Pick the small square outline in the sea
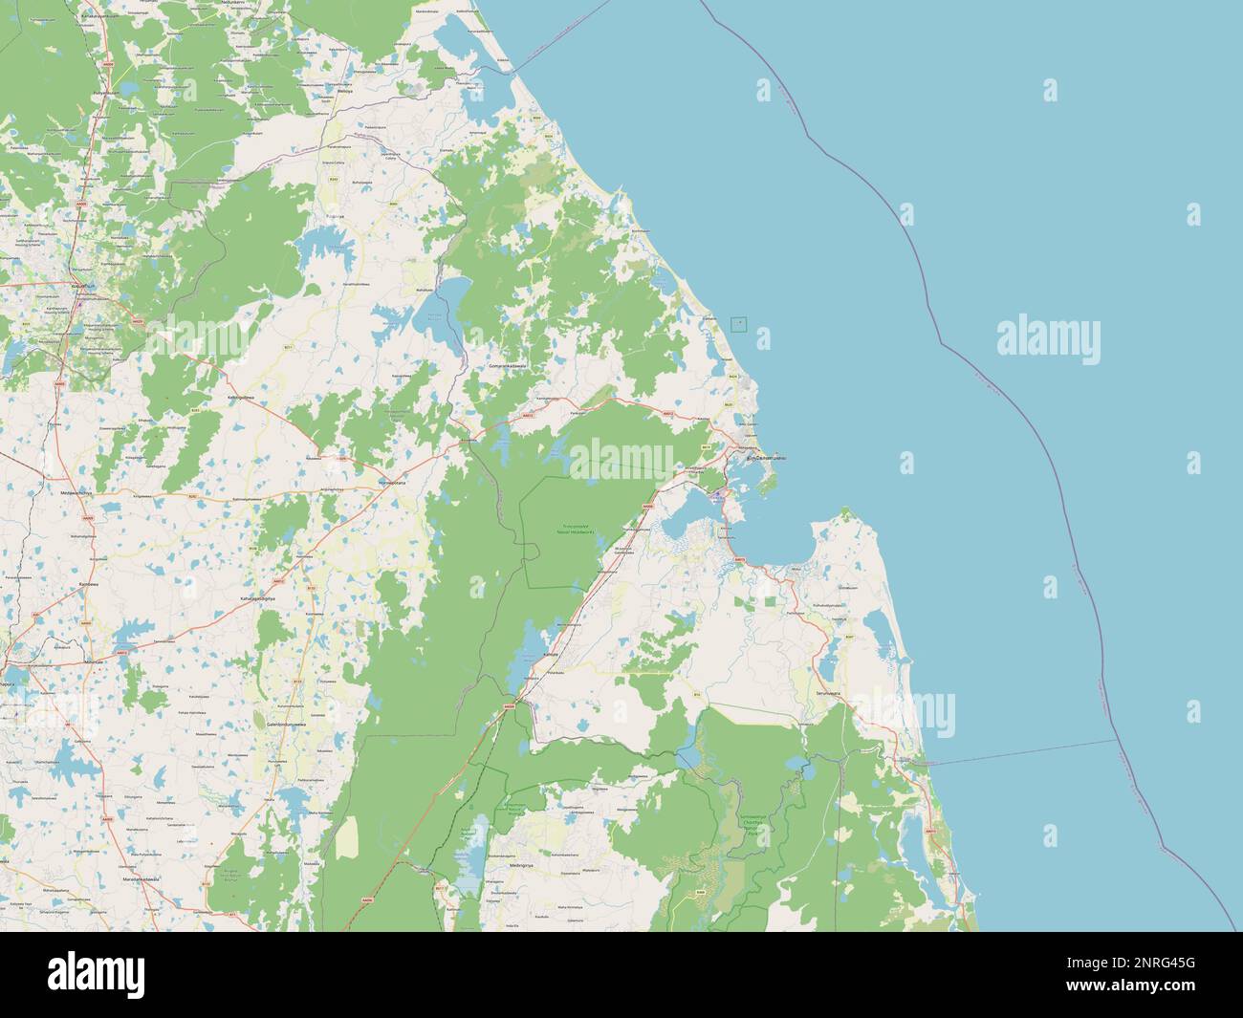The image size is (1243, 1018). (738, 323)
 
